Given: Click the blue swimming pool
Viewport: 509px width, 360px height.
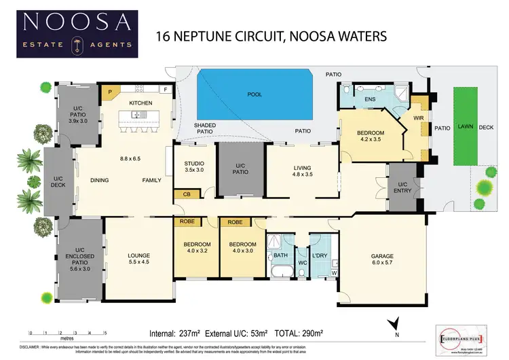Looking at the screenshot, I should click(x=254, y=95).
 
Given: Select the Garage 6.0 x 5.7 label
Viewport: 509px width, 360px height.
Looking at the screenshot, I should click(x=382, y=259).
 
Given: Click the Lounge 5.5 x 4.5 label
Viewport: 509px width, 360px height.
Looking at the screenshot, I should click(x=138, y=259).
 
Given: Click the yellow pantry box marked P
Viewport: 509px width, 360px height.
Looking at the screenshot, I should click(x=110, y=90).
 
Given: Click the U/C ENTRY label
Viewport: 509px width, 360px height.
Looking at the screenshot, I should click(x=402, y=188).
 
